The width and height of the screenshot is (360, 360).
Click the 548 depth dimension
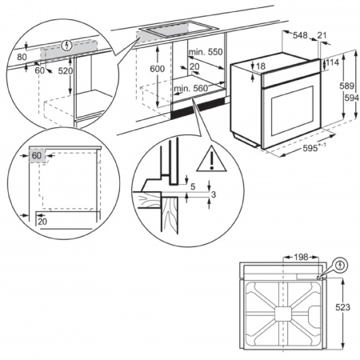pos(300,36)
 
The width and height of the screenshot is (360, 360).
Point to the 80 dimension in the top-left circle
pos(21,57)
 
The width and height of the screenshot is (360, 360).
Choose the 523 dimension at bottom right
pos(341,306)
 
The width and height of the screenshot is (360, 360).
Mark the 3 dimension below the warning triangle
pos(214,194)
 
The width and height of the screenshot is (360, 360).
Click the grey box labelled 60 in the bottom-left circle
pos(37,155)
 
